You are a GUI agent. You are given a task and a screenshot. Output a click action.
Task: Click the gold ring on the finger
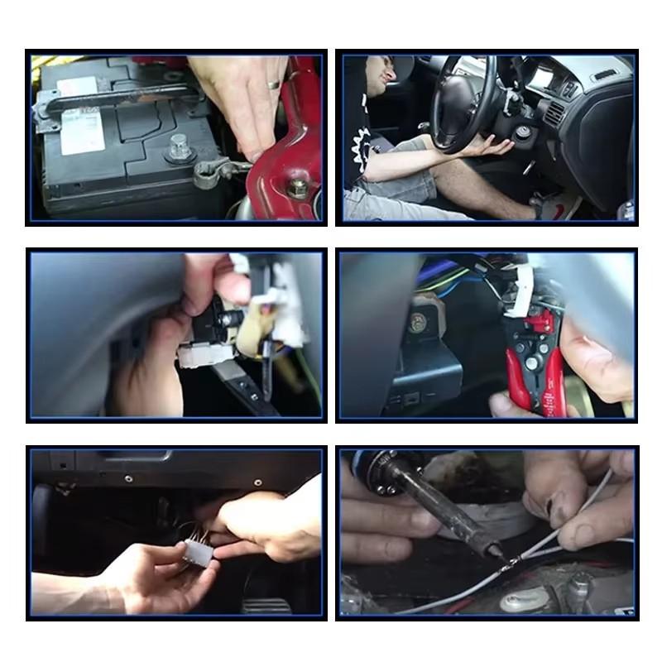272,84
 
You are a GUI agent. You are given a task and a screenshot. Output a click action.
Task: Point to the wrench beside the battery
217,171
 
